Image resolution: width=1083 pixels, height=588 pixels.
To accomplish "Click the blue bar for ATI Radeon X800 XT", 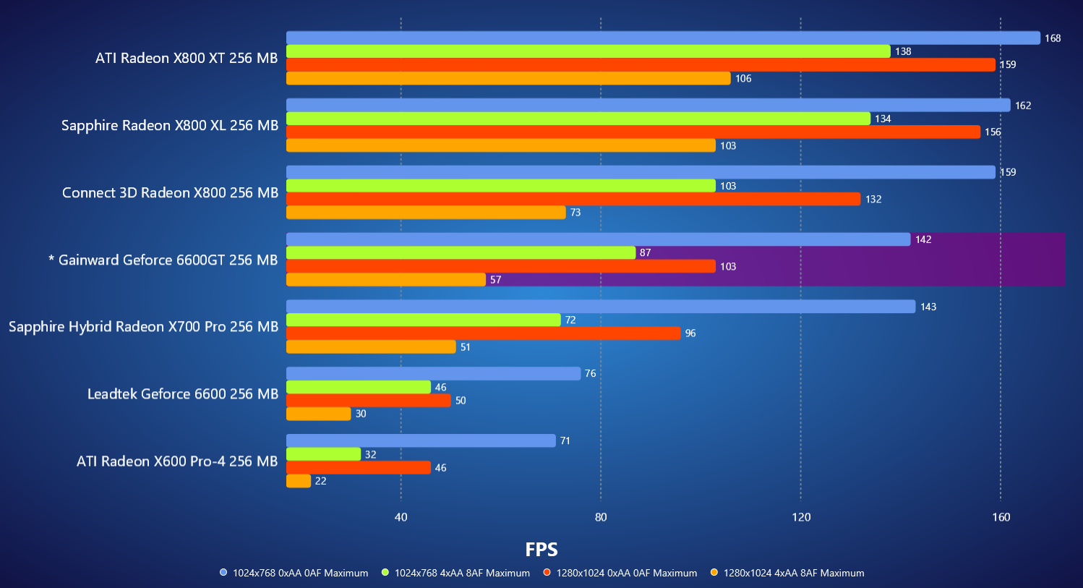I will [x=663, y=38].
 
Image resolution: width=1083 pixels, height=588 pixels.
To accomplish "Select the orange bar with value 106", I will [x=508, y=78].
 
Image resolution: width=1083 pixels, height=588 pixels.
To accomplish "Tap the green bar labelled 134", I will [x=578, y=119].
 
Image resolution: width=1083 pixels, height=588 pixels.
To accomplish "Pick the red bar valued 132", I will [x=573, y=199].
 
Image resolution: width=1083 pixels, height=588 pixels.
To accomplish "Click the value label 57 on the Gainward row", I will [x=495, y=280].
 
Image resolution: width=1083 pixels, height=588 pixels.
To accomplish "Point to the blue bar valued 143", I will [x=601, y=307].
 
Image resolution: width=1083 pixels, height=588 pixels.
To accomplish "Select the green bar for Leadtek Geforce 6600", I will [x=359, y=387].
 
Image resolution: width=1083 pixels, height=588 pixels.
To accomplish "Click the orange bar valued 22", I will [x=299, y=481].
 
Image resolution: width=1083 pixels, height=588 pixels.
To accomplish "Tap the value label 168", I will [x=1053, y=38].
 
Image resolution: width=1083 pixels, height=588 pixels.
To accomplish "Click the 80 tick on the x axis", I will [x=601, y=517].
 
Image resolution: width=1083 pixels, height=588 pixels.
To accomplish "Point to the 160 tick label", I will [x=1001, y=517].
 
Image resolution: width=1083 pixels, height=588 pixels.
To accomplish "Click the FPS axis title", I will [x=541, y=550].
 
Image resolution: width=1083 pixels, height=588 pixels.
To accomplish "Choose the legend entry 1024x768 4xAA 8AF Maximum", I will [x=462, y=573].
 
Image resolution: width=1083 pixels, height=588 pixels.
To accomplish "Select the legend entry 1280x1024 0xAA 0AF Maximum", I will [x=626, y=573].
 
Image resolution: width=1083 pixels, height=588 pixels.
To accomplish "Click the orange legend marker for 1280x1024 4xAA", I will [x=714, y=573].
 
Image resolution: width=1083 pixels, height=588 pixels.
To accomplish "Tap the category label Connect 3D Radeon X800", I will [x=170, y=192].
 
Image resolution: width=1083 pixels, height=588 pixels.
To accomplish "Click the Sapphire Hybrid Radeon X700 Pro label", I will [x=143, y=327].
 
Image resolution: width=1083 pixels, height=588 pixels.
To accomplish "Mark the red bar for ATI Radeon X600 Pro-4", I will [x=359, y=468].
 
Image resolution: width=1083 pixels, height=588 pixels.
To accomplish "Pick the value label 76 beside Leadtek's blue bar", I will [x=591, y=374].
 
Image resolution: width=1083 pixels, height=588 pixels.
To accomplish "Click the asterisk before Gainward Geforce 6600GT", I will [x=51, y=259].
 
